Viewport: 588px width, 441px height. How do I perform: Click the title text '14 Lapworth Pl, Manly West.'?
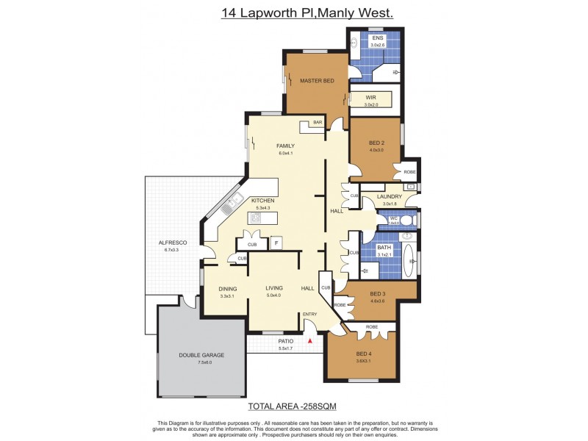tap(307, 13)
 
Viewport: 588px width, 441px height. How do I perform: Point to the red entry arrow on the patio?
tap(311, 340)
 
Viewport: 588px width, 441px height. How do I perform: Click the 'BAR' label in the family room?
tap(318, 123)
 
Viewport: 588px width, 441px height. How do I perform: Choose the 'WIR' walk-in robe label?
tap(371, 97)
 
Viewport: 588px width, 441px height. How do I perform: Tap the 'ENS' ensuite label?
tap(378, 38)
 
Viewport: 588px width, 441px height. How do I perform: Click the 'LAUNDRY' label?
tap(389, 197)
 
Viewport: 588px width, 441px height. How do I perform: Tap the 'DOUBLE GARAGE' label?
tap(201, 355)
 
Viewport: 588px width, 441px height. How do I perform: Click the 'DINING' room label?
tap(227, 289)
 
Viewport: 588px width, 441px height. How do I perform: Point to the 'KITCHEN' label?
tap(262, 201)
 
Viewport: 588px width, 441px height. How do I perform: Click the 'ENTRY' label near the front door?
tap(310, 315)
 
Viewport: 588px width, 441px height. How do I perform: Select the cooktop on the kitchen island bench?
tap(265, 218)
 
